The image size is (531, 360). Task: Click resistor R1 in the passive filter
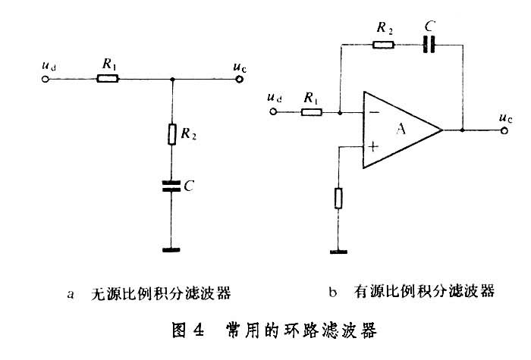pyautogui.click(x=107, y=78)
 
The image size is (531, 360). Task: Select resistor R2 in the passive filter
pyautogui.click(x=173, y=134)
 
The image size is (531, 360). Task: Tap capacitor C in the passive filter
pyautogui.click(x=173, y=186)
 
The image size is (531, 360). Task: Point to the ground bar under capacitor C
pyautogui.click(x=173, y=249)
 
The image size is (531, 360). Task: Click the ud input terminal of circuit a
pyautogui.click(x=47, y=78)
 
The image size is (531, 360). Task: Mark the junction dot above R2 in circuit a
pyautogui.click(x=173, y=78)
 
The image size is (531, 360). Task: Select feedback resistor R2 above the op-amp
pyautogui.click(x=383, y=45)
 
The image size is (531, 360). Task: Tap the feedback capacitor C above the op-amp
pyautogui.click(x=429, y=45)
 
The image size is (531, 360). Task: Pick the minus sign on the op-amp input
pyautogui.click(x=373, y=114)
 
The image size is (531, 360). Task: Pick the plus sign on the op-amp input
pyautogui.click(x=373, y=146)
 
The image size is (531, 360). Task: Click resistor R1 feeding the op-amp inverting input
pyautogui.click(x=311, y=113)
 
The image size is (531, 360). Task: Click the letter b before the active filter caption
pyautogui.click(x=334, y=291)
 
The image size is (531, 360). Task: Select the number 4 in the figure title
pyautogui.click(x=199, y=330)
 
